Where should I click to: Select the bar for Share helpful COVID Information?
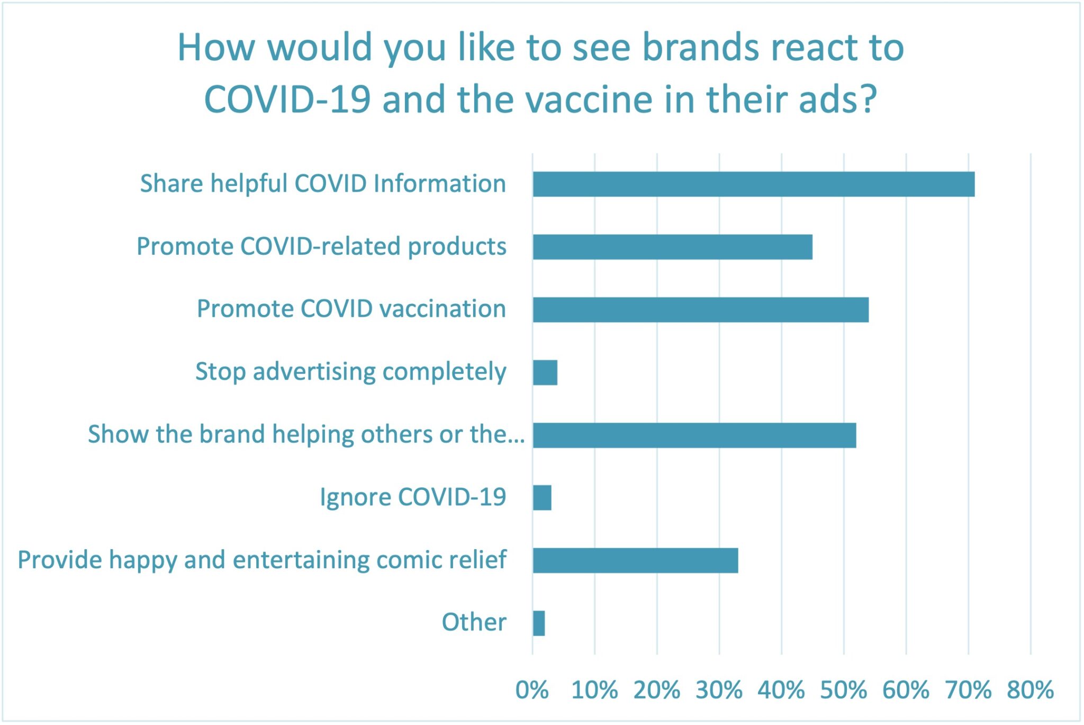coord(753,184)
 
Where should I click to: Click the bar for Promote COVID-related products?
coord(672,247)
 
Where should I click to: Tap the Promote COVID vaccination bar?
coord(700,309)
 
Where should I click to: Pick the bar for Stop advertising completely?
coord(545,372)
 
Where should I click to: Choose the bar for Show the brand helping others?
coord(694,435)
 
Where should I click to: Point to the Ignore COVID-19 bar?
coord(542,497)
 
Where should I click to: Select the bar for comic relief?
coord(635,560)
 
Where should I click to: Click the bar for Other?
coord(539,623)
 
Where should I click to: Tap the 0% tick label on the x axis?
coord(532,690)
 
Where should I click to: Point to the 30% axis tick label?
coord(719,690)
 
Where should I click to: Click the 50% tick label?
coord(843,690)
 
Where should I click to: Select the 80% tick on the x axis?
coord(1030,690)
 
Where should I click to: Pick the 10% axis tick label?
coord(594,690)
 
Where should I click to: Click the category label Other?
coord(474,622)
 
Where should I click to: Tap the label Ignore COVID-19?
coord(413,497)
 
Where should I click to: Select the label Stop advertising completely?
coord(350,372)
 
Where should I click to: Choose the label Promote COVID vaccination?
coord(351,309)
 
